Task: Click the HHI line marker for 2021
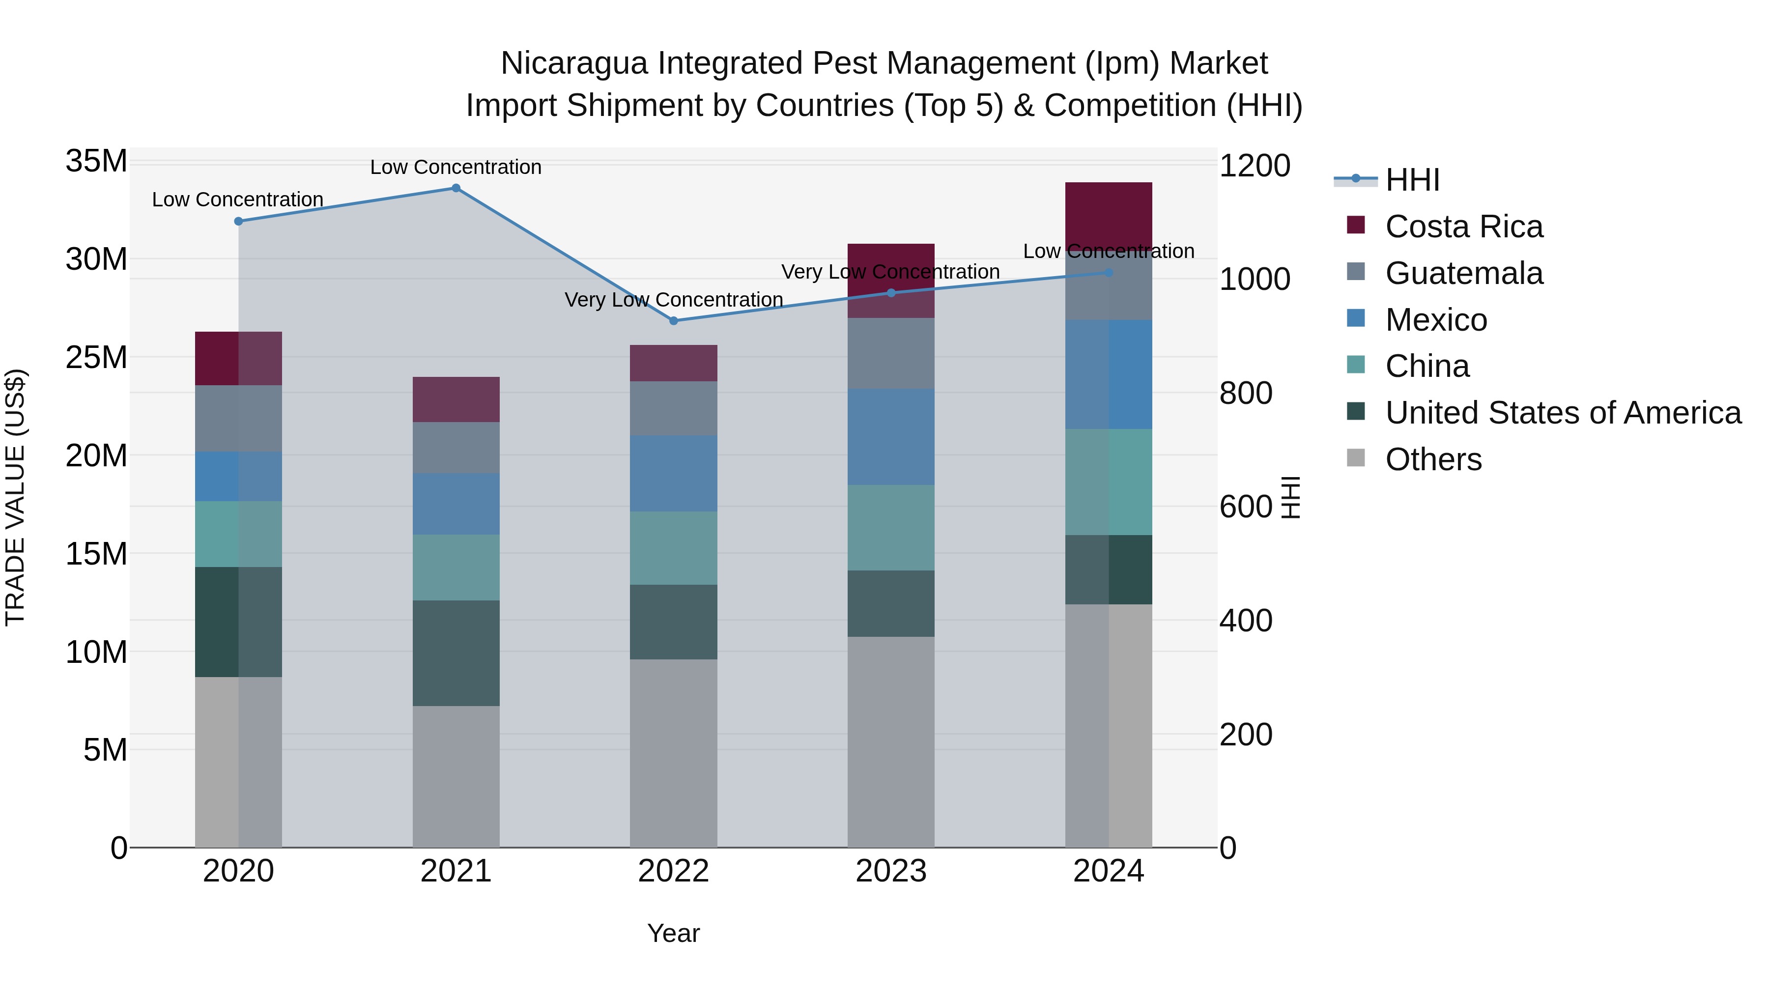[x=456, y=188]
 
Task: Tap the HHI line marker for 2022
[x=674, y=321]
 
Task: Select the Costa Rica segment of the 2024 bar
[x=1109, y=214]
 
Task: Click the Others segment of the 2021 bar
[x=456, y=776]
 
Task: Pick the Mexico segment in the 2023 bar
[x=891, y=437]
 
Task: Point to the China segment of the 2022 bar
[x=674, y=548]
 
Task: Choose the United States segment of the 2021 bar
[x=456, y=653]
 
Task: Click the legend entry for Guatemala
[x=1464, y=273]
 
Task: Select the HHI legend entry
[x=1412, y=180]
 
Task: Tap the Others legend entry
[x=1433, y=459]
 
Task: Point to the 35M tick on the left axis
[x=96, y=161]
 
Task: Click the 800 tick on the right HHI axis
[x=1246, y=394]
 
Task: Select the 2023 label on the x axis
[x=891, y=871]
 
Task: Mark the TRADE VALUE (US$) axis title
[x=16, y=497]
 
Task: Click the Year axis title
[x=673, y=933]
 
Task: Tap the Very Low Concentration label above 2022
[x=674, y=300]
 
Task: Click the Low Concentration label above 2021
[x=456, y=167]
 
